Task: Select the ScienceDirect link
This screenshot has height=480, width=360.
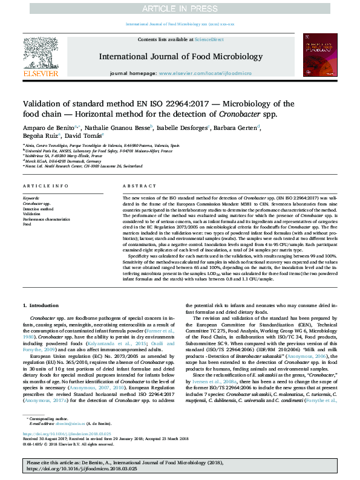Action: (207, 39)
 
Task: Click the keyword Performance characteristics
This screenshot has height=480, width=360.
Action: (46, 219)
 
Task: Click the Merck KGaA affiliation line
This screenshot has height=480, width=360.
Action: (53, 162)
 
